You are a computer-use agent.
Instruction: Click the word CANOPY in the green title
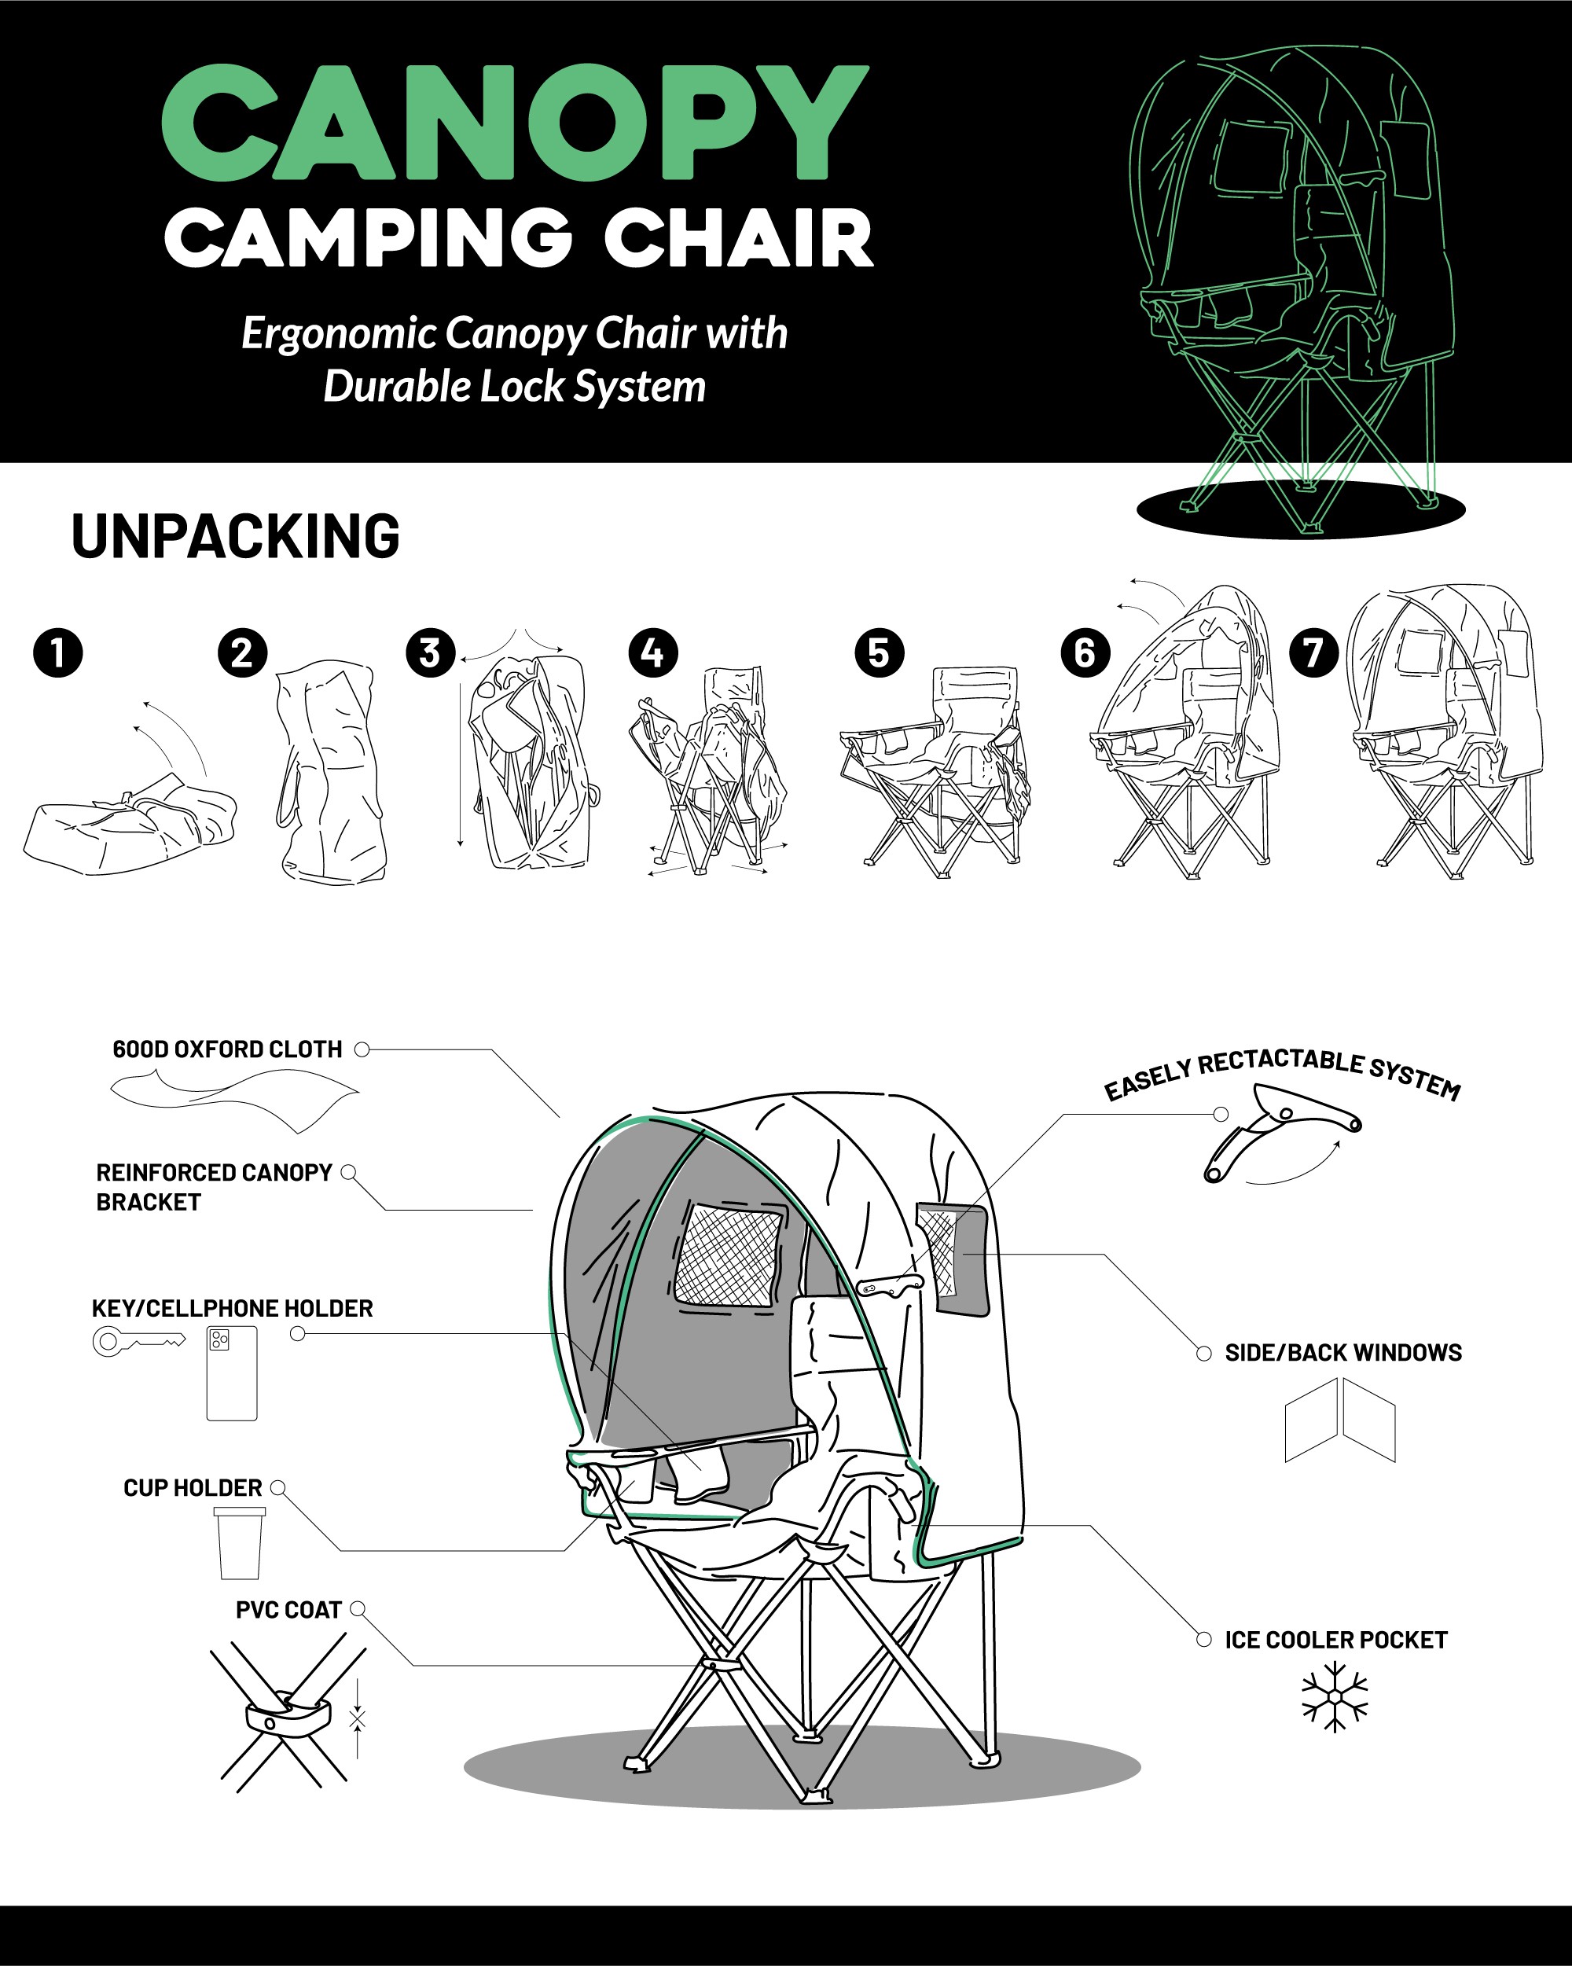click(514, 122)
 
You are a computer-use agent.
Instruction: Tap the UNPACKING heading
click(235, 536)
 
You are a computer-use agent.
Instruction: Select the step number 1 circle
click(57, 653)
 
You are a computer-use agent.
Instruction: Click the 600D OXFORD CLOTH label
click(227, 1049)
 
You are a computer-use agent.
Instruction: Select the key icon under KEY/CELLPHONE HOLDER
click(138, 1341)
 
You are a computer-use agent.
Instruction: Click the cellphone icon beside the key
click(232, 1373)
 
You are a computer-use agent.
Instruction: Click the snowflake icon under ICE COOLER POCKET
click(1335, 1696)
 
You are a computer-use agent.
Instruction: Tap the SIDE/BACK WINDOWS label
click(1343, 1352)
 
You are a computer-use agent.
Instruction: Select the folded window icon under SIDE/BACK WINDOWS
click(1340, 1420)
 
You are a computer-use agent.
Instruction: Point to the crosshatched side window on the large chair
click(728, 1254)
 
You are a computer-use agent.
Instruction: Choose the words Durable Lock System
click(514, 386)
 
